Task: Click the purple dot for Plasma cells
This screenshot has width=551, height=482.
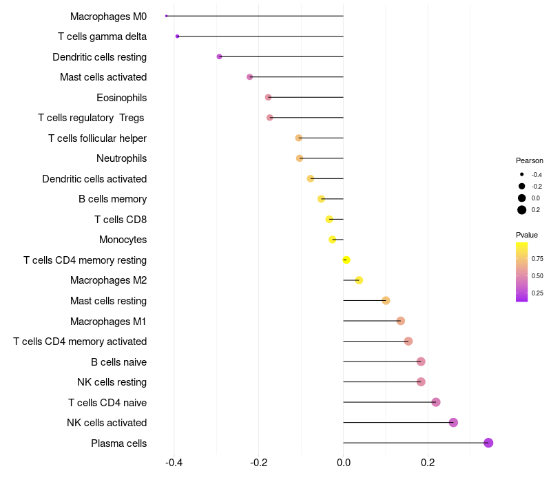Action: pos(488,443)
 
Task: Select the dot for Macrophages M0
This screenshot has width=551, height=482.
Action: pos(167,16)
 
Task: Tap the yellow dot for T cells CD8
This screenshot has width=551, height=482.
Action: pos(329,219)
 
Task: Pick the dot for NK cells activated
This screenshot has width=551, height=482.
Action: pos(453,423)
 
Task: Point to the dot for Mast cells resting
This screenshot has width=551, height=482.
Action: pos(386,301)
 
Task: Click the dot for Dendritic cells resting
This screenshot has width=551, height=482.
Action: pos(219,56)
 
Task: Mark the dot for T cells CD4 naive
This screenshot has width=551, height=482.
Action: pos(435,402)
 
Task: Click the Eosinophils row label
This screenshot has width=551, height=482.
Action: pos(121,98)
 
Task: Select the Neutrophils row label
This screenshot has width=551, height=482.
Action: pos(121,158)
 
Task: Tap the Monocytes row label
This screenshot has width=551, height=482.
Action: pos(123,240)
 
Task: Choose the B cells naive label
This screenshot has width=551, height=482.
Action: pos(118,362)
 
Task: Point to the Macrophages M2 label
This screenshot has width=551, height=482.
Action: pos(108,280)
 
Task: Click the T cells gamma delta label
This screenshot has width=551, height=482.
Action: pos(102,36)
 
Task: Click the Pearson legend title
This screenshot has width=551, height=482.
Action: pos(530,160)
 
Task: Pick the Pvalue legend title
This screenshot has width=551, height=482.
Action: pos(527,235)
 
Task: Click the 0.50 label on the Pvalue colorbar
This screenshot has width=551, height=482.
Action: pos(537,275)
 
